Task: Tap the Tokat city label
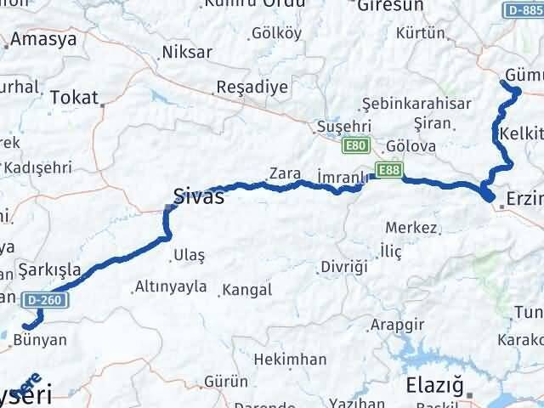74,97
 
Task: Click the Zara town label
284,173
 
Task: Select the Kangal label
246,290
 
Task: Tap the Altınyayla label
170,286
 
